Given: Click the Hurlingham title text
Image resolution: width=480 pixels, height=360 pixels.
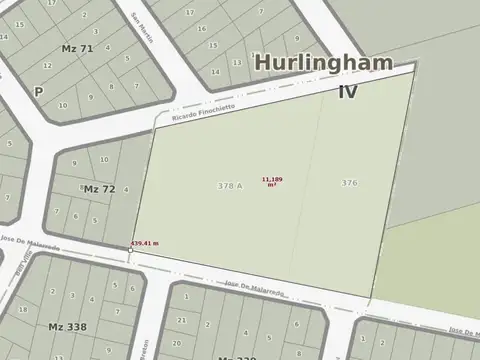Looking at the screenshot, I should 334,62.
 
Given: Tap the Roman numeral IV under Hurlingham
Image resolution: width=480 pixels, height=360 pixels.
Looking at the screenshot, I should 348,91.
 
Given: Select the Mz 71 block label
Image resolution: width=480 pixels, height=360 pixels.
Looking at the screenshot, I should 77,48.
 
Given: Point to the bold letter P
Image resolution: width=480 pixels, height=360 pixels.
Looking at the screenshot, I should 38,91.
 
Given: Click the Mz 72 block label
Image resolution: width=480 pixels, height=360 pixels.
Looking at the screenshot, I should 99,189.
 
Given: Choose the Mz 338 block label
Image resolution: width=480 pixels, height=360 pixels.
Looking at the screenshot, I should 67,326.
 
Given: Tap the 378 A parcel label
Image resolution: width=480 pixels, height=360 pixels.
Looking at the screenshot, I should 229,186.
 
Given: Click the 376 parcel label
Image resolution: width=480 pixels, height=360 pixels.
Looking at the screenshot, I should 349,183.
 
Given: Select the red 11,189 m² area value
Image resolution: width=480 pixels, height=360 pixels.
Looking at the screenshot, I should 272,181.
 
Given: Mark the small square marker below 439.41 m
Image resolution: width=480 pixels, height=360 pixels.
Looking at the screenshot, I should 130,250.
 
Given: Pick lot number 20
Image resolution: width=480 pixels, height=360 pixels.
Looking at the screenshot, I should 176,343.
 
